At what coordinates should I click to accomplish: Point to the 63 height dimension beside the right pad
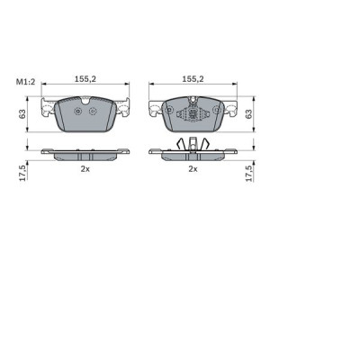pyautogui.click(x=250, y=115)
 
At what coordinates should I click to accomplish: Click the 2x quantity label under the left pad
pyautogui.click(x=85, y=168)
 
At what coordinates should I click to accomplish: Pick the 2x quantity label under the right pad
pyautogui.click(x=192, y=168)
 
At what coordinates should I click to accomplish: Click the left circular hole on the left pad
pyautogui.click(x=78, y=112)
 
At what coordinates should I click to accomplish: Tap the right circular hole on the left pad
pyautogui.click(x=92, y=112)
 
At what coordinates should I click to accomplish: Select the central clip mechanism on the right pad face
pyautogui.click(x=192, y=114)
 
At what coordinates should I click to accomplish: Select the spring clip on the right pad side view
pyautogui.click(x=192, y=144)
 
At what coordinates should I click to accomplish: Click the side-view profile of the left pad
pyautogui.click(x=85, y=154)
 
